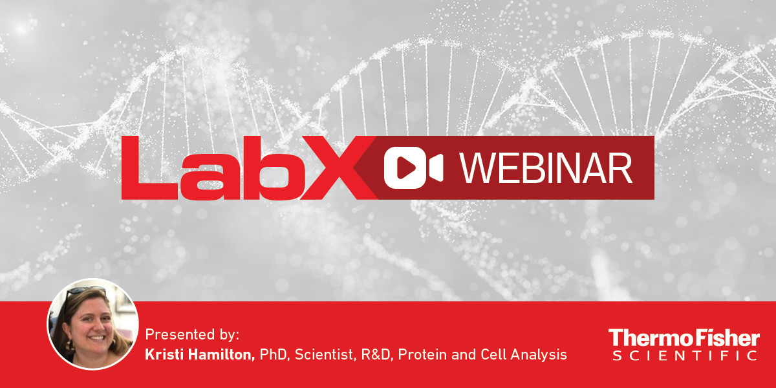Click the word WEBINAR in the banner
546,168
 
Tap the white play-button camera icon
413,168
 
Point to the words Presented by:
192,335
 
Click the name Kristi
165,354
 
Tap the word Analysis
539,355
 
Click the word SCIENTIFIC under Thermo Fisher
685,356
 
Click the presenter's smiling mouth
96,338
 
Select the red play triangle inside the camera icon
405,168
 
